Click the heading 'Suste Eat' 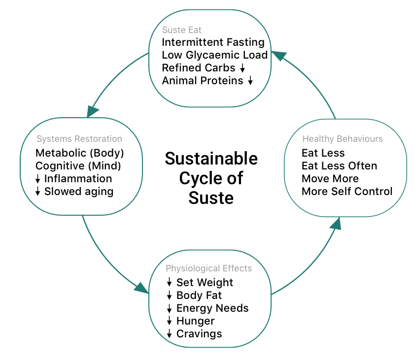(181, 30)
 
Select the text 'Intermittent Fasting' (213, 42)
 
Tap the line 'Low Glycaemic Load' (214, 55)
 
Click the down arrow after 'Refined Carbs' (243, 68)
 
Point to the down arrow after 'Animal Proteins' (250, 81)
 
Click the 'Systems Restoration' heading (79, 139)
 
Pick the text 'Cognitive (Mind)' (78, 165)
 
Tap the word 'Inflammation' (78, 178)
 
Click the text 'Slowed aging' (79, 191)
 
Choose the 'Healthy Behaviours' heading (342, 139)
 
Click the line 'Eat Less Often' (339, 166)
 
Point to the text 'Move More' (330, 178)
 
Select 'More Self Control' (347, 191)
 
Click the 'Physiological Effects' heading (208, 268)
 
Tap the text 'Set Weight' (205, 283)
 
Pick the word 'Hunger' (195, 321)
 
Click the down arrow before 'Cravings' (169, 334)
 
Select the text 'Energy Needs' (212, 308)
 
